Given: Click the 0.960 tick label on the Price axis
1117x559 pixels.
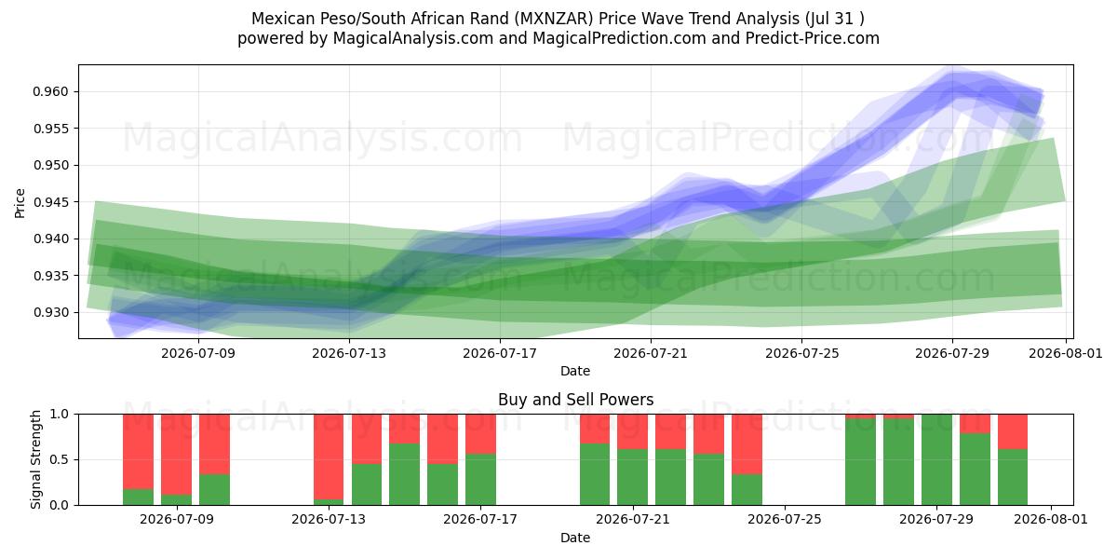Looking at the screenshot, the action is click(50, 92).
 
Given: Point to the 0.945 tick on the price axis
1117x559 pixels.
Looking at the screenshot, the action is click(50, 202).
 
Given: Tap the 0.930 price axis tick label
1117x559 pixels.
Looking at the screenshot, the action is click(50, 312).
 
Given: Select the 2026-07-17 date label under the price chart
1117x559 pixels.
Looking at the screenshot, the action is click(500, 353).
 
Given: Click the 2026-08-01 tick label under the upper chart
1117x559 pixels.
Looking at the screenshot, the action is click(1066, 353).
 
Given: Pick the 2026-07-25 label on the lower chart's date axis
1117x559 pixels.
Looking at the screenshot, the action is click(785, 519).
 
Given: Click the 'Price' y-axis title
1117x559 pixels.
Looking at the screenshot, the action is click(20, 203).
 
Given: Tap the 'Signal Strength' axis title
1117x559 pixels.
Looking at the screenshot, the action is click(35, 459).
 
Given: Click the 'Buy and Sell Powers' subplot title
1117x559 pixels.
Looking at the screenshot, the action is click(575, 400).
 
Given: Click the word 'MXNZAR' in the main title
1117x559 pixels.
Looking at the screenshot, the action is click(554, 19).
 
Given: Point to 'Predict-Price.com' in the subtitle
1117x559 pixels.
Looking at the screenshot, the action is click(813, 38).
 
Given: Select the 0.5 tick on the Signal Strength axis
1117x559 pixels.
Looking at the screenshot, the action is click(60, 459).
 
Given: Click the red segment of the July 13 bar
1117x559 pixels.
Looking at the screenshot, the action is click(329, 457).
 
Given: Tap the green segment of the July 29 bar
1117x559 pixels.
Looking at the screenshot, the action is click(936, 459).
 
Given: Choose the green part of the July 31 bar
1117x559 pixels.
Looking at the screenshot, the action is click(1013, 477).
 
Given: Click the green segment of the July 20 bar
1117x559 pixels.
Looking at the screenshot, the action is click(595, 474).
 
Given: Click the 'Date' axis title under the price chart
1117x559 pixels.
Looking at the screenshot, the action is click(575, 371).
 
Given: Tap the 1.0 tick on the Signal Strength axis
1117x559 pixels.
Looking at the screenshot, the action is click(60, 415).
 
